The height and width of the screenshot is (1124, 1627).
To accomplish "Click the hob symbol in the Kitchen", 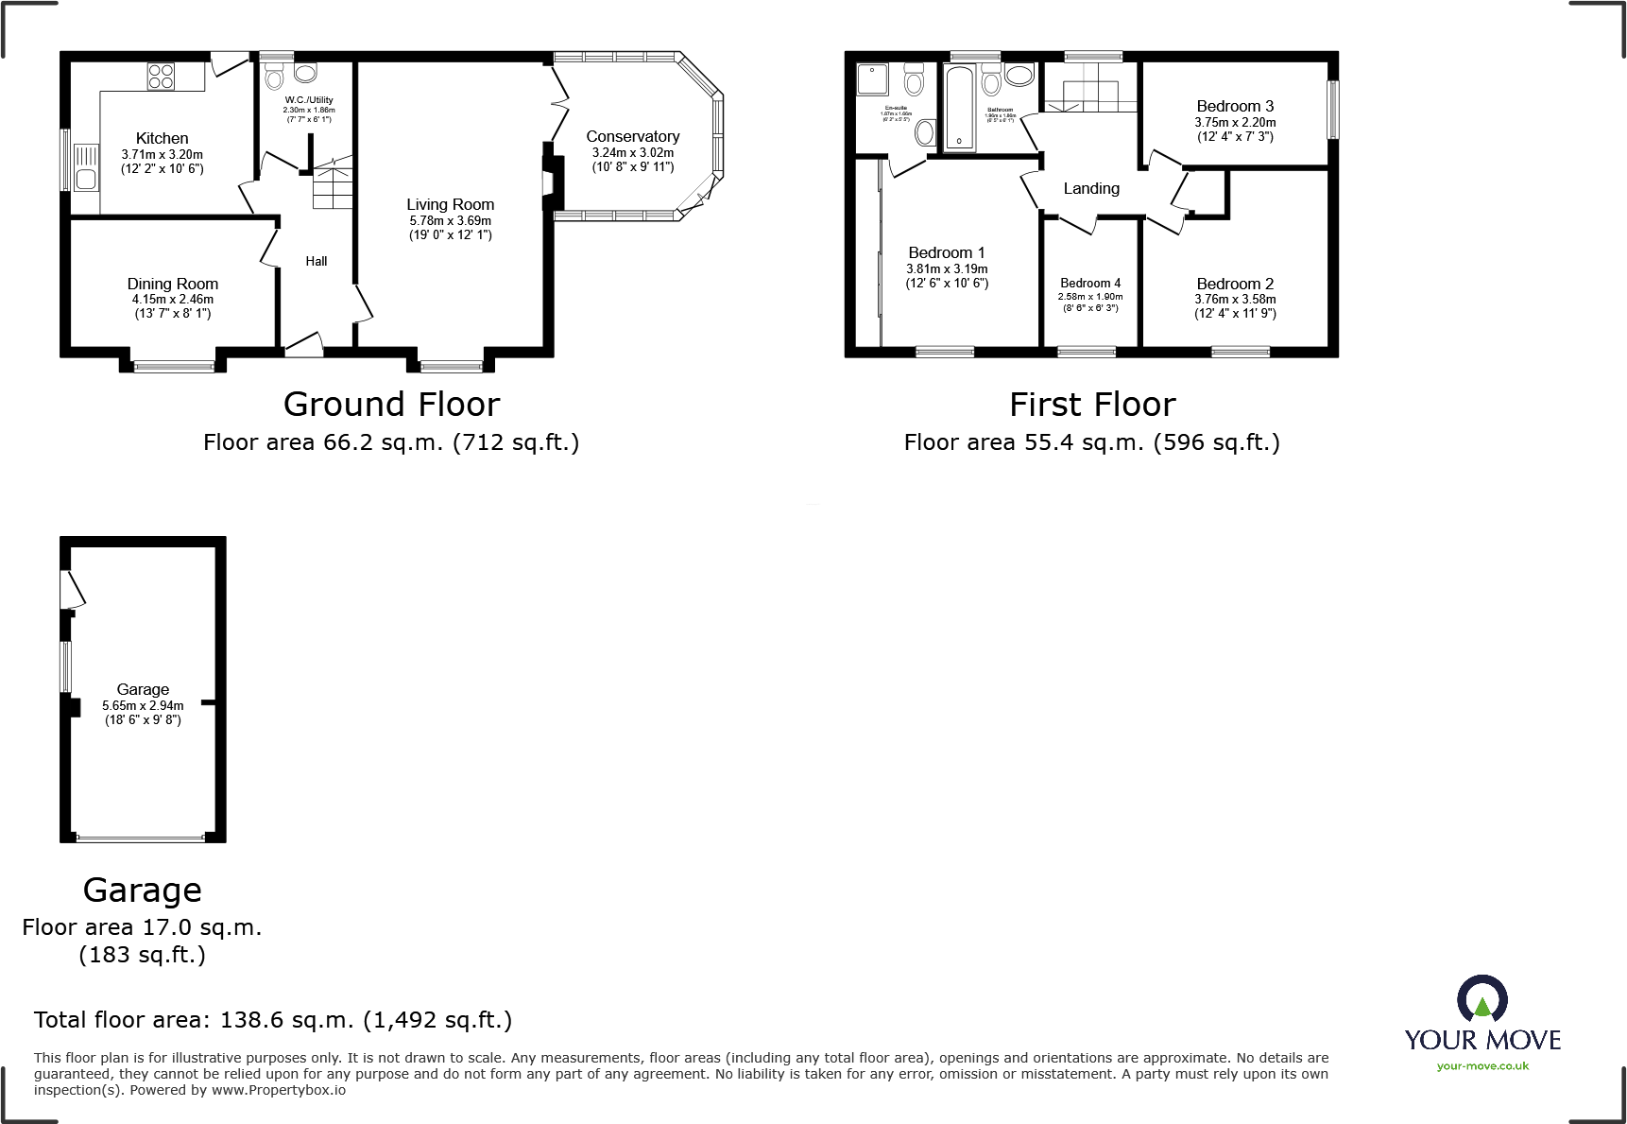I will (x=161, y=76).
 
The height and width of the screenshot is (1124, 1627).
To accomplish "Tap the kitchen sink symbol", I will (x=86, y=166).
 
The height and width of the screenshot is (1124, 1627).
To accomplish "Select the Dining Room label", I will (x=173, y=284).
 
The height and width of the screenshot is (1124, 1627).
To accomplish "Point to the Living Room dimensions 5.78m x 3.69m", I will (x=450, y=220).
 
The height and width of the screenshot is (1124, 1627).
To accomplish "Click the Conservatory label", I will (x=632, y=137).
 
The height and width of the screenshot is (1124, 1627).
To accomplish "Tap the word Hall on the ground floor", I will (x=317, y=262).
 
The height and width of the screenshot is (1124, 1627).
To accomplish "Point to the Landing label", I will (x=1091, y=189).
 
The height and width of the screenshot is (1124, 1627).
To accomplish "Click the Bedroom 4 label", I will (x=1090, y=284).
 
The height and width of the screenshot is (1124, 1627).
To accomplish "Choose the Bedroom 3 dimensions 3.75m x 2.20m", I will (x=1235, y=122).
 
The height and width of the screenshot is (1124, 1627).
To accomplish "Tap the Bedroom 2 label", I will (x=1235, y=284).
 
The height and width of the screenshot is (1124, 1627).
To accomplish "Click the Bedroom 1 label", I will (x=947, y=253).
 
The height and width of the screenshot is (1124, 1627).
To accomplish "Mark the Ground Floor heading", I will (x=391, y=405).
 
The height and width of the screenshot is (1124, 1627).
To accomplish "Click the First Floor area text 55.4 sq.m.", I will (x=1091, y=442).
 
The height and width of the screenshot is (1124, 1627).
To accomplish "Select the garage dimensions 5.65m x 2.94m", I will (x=143, y=705).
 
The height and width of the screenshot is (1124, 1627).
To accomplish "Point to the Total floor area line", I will (x=272, y=1020).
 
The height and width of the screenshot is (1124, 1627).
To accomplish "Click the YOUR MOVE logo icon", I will (x=1481, y=1000).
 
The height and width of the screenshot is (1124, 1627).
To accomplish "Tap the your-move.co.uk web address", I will (x=1482, y=1066).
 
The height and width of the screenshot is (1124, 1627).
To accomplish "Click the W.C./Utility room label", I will (x=309, y=100).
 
